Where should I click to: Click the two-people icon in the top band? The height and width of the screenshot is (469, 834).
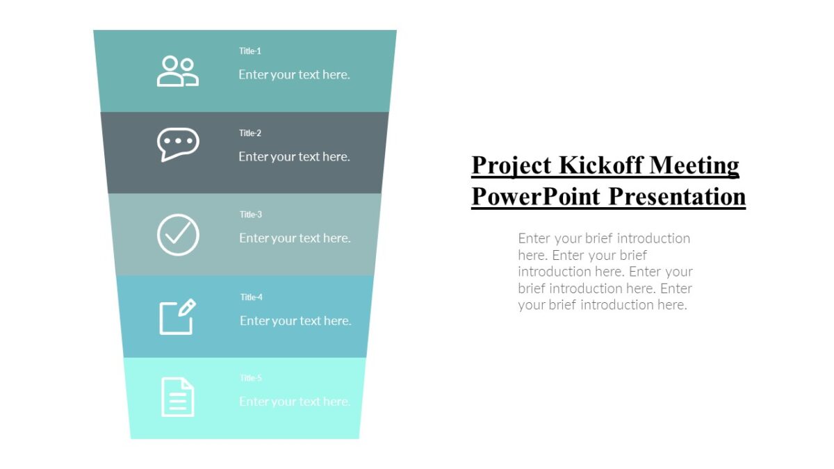pyautogui.click(x=178, y=71)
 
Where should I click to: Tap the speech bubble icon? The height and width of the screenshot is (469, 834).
pyautogui.click(x=178, y=145)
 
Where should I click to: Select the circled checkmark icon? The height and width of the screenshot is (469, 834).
pyautogui.click(x=178, y=234)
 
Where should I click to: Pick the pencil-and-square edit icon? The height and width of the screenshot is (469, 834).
pyautogui.click(x=178, y=317)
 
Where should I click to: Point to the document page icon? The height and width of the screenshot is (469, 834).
pyautogui.click(x=178, y=397)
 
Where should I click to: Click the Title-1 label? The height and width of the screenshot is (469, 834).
pyautogui.click(x=250, y=51)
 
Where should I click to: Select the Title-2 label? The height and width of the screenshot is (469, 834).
pyautogui.click(x=250, y=133)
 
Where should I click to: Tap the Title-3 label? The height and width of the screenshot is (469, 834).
pyautogui.click(x=251, y=214)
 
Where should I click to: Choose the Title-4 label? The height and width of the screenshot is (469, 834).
pyautogui.click(x=252, y=297)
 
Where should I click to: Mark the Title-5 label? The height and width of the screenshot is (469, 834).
pyautogui.click(x=251, y=378)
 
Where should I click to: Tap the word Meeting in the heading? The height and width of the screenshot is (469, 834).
pyautogui.click(x=694, y=165)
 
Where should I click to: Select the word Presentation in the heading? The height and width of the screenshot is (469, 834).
pyautogui.click(x=677, y=196)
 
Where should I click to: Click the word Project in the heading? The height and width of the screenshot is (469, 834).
pyautogui.click(x=512, y=165)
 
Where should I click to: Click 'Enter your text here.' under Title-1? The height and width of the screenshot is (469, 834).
pyautogui.click(x=294, y=74)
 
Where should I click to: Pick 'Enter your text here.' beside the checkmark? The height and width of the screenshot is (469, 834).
pyautogui.click(x=295, y=238)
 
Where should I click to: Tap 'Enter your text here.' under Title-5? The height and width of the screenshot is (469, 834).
pyautogui.click(x=295, y=402)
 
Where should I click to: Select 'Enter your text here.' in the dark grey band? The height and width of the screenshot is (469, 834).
pyautogui.click(x=294, y=156)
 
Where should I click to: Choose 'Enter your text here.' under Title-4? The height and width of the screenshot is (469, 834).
pyautogui.click(x=295, y=320)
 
